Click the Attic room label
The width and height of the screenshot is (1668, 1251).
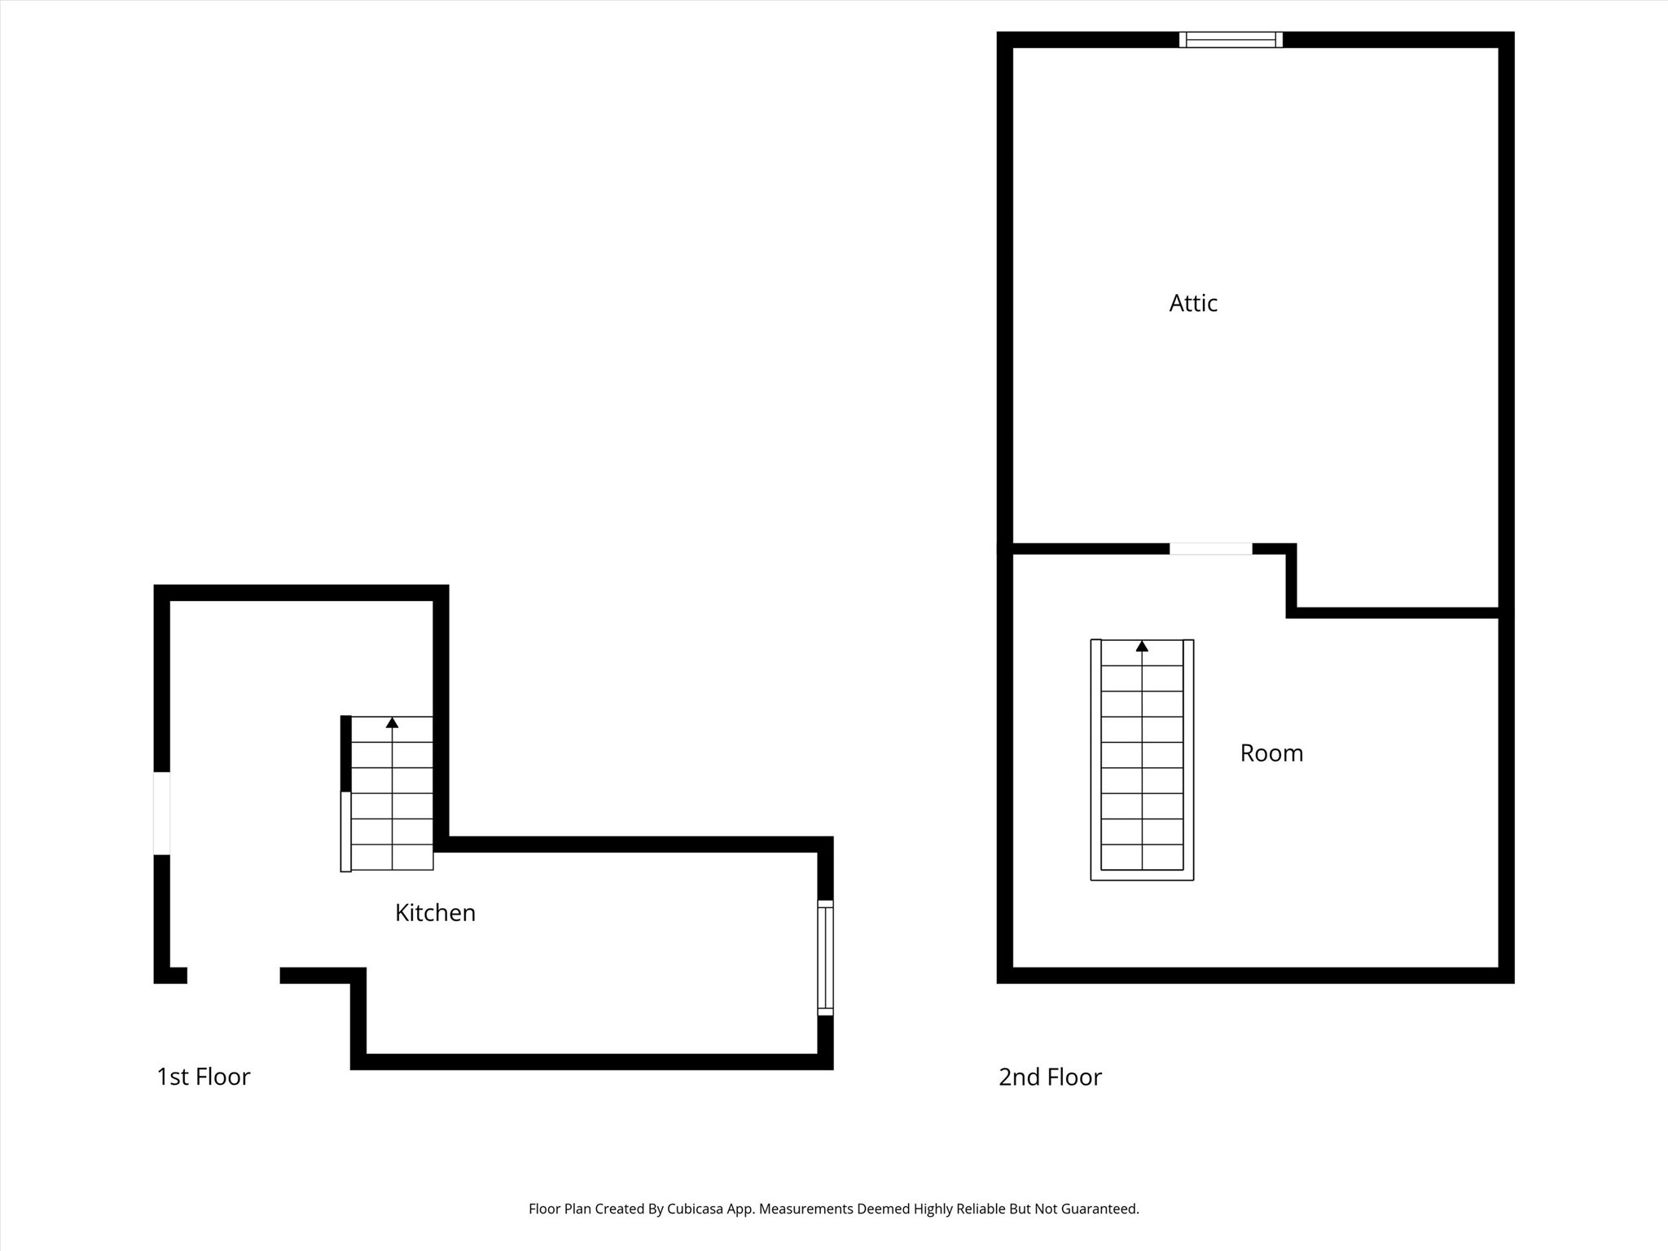tap(1193, 303)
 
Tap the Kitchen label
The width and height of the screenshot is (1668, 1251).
tap(435, 912)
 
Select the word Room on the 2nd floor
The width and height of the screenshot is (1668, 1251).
tap(1271, 753)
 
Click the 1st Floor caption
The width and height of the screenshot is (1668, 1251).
tap(203, 1077)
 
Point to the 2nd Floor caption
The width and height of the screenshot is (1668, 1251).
tap(1050, 1077)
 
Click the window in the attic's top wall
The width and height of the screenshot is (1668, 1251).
tap(1231, 40)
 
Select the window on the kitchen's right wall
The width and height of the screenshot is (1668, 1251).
tap(825, 957)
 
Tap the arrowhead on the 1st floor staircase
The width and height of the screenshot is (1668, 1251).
tap(392, 722)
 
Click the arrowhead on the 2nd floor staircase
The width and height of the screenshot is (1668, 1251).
tap(1142, 647)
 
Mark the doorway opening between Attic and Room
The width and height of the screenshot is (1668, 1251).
tap(1210, 549)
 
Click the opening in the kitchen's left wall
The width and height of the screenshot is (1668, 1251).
tap(162, 813)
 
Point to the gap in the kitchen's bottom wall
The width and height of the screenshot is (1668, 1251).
tap(234, 975)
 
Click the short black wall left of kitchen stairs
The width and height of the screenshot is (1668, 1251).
tap(345, 753)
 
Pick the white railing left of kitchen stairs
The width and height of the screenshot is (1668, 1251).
tap(345, 831)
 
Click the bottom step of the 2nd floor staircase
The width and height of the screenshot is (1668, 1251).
tap(1142, 857)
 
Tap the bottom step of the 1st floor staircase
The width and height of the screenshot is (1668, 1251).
tap(392, 857)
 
